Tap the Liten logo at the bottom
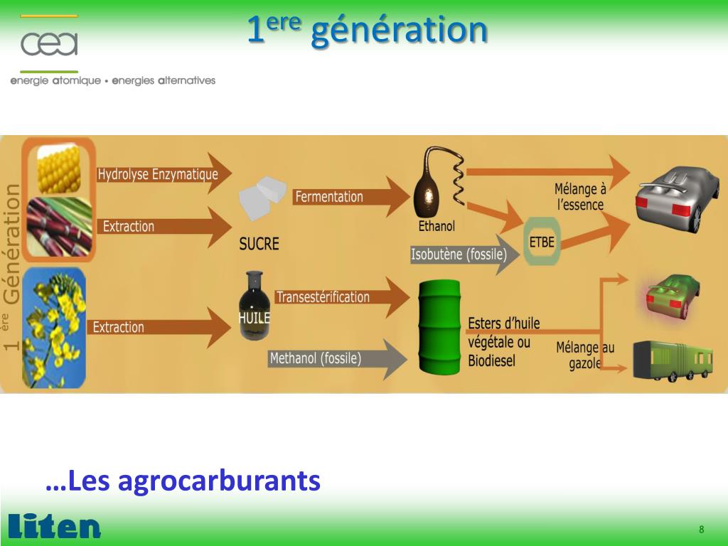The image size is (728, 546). [54, 526]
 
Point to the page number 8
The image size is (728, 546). [701, 530]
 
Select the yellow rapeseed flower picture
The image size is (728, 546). [54, 328]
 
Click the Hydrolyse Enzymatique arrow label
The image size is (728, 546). [158, 174]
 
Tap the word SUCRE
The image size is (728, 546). [259, 244]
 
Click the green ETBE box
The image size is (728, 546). [542, 242]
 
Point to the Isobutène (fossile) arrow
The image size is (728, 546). [459, 255]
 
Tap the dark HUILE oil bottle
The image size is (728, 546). [254, 307]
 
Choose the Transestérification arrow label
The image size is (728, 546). [323, 296]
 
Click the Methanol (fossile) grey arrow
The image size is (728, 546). [316, 358]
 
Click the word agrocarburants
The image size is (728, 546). [219, 481]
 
